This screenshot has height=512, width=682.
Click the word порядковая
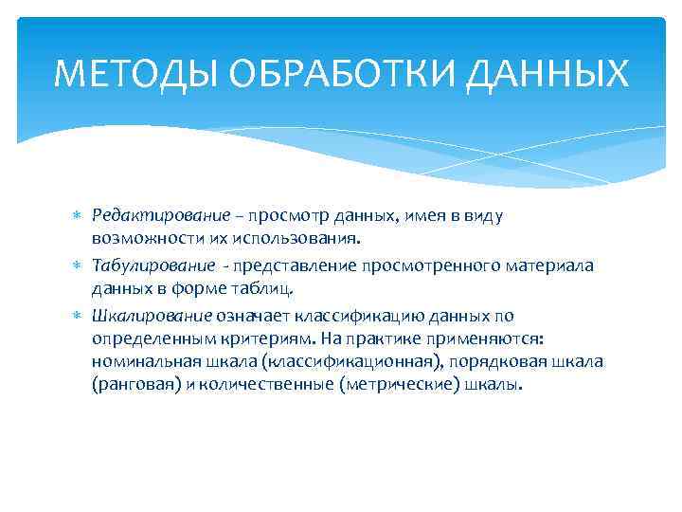pos(506,364)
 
